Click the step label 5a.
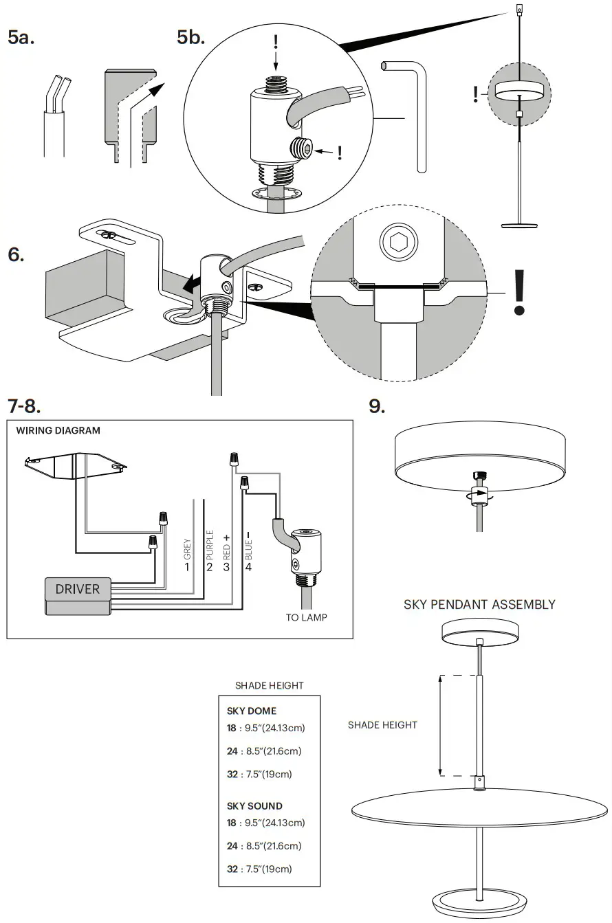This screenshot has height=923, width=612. pyautogui.click(x=21, y=38)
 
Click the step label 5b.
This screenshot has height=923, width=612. pyautogui.click(x=191, y=38)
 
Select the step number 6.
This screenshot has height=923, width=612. pyautogui.click(x=17, y=254)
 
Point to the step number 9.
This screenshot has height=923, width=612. pyautogui.click(x=377, y=405)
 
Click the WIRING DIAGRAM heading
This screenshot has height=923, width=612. pyautogui.click(x=58, y=431)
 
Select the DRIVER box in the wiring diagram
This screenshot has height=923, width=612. pyautogui.click(x=77, y=589)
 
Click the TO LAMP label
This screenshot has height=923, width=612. pyautogui.click(x=306, y=617)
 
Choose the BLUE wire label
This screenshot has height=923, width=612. pyautogui.click(x=248, y=547)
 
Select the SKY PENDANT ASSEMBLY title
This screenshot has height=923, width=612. pyautogui.click(x=479, y=605)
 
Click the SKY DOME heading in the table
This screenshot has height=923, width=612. pyautogui.click(x=252, y=711)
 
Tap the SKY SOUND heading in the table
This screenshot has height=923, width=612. pyautogui.click(x=254, y=805)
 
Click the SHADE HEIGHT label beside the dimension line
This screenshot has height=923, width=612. pyautogui.click(x=382, y=725)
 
